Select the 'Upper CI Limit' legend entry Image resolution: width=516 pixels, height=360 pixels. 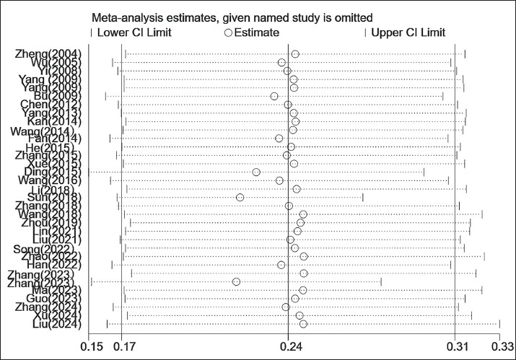click(x=408, y=32)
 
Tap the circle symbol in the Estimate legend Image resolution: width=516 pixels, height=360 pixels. click(x=228, y=32)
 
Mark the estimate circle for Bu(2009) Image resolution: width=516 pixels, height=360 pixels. click(x=274, y=97)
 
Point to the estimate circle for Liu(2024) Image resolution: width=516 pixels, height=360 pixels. click(x=303, y=324)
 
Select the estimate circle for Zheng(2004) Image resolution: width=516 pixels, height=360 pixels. click(x=295, y=54)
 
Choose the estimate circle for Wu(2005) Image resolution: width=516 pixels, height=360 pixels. click(x=281, y=63)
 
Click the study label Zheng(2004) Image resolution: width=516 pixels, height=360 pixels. click(x=48, y=54)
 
